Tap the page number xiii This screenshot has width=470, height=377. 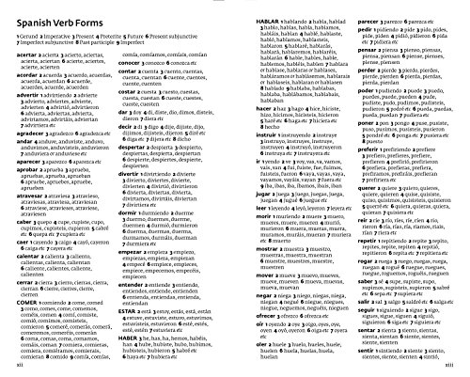tap(457, 369)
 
